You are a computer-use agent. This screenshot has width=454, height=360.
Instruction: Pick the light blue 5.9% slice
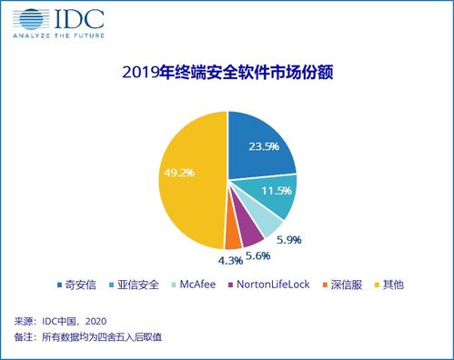265,223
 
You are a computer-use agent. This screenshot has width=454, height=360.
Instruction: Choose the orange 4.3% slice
233,237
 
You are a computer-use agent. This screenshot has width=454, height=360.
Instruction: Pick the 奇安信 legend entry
76,285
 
